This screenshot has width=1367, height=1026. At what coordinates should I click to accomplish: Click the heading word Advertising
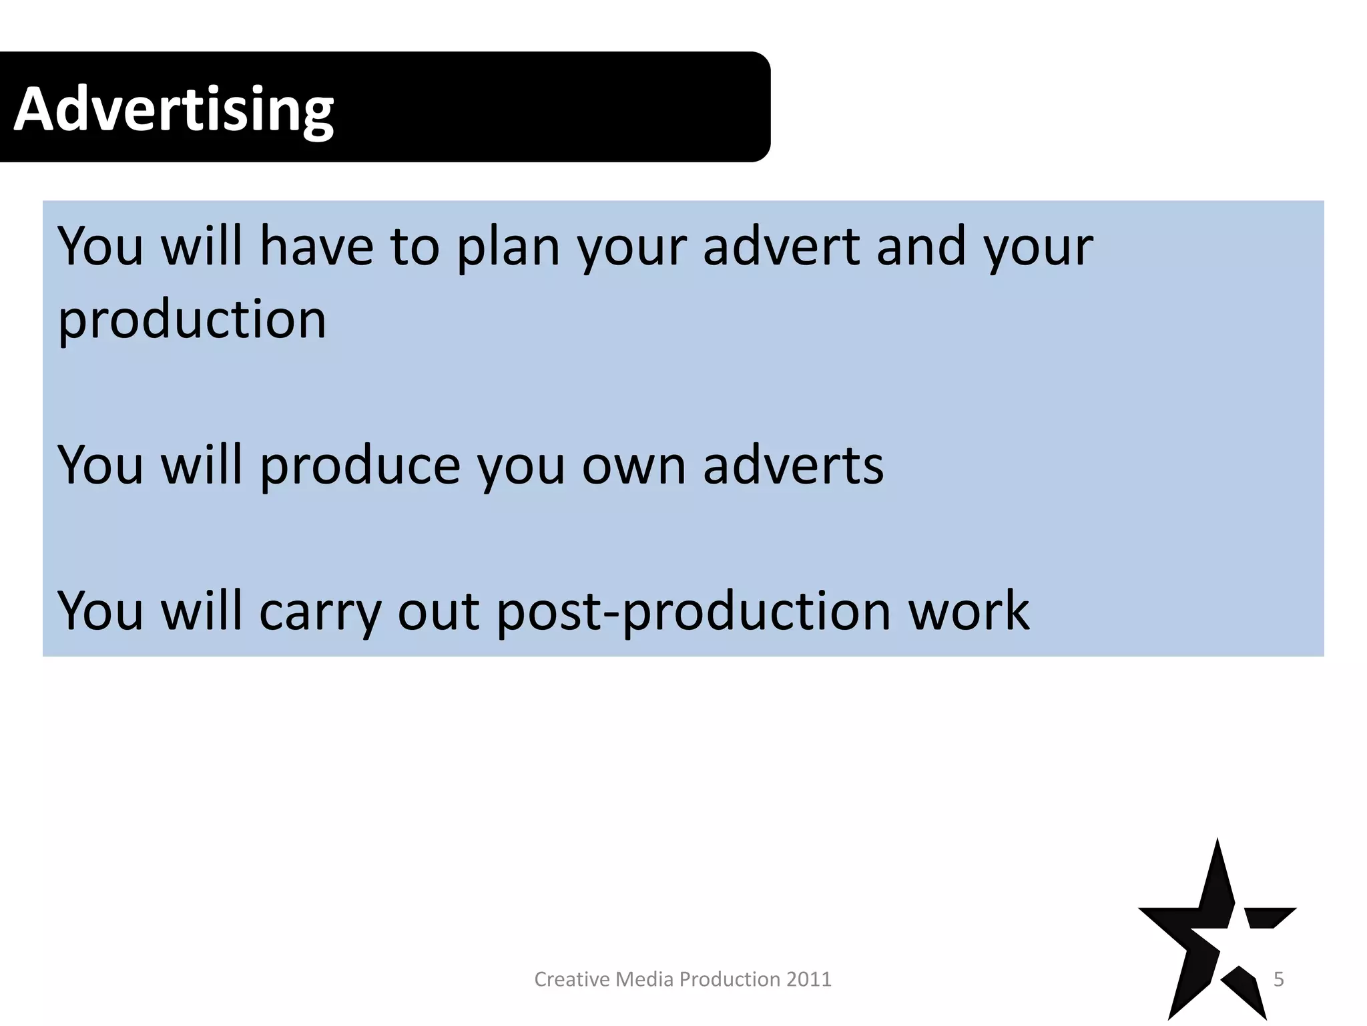pos(174,110)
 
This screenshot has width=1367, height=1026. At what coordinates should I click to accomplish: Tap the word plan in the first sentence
pos(507,247)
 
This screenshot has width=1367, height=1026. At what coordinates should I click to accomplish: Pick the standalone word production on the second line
pos(192,321)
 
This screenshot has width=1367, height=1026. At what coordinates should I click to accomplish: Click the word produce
pos(360,466)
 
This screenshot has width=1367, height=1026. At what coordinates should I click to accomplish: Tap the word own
pos(633,466)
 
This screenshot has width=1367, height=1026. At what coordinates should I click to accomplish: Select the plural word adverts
pos(793,465)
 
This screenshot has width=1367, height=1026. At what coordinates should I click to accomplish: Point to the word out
pos(439,612)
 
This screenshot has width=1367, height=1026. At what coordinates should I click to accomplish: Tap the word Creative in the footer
pos(572,979)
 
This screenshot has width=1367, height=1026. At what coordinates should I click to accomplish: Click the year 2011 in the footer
pos(809,979)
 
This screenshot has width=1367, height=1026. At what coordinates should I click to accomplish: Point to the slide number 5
pos(1279,979)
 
